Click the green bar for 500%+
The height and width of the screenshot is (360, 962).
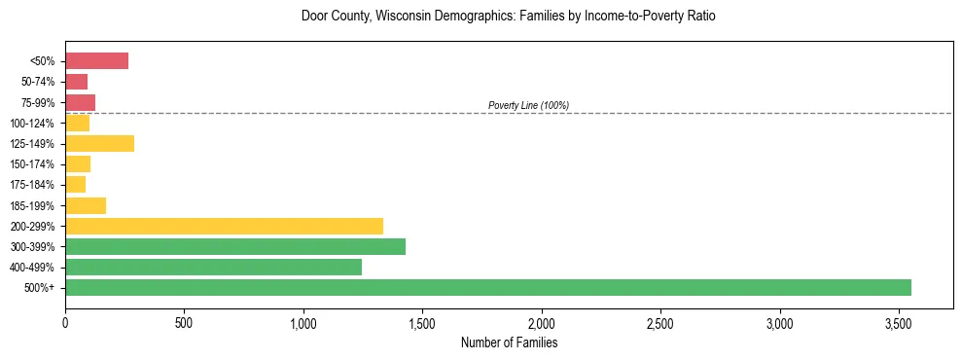coord(488,287)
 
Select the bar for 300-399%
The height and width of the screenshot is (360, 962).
coord(235,246)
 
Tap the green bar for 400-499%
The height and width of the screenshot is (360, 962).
coord(213,267)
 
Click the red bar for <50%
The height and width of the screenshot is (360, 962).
coord(96,61)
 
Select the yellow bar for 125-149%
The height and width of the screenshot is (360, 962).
coord(99,144)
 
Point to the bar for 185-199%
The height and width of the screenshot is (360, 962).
coord(86,205)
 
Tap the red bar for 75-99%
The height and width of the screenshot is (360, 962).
coord(80,102)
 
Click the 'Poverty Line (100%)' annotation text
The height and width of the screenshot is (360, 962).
coord(528,105)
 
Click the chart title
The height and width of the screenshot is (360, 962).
coord(508,17)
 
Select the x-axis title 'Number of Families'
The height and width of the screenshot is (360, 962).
coord(509,342)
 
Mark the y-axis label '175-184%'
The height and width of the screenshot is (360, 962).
coord(32,185)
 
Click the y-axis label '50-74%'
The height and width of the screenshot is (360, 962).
coord(38,82)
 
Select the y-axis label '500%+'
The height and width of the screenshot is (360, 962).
coord(40,288)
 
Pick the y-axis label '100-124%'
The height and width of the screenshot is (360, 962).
coord(32,124)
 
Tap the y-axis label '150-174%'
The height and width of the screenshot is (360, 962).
coord(32,164)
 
